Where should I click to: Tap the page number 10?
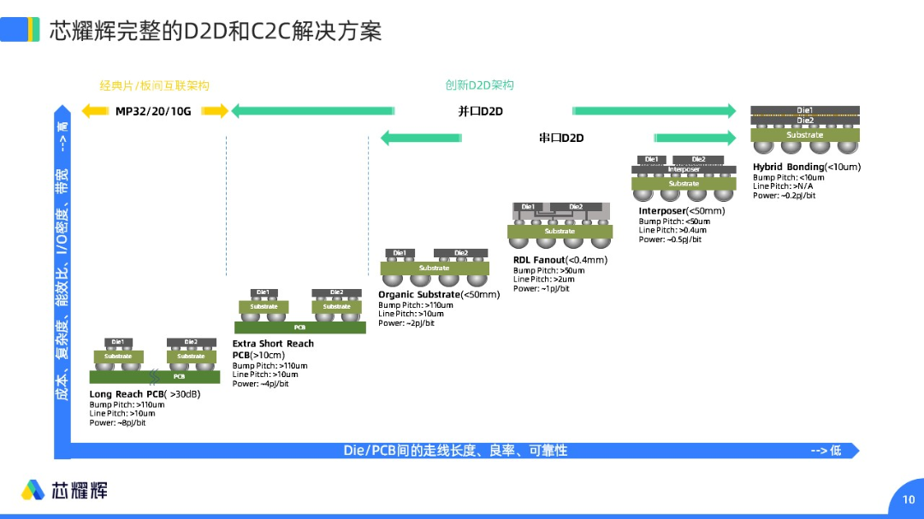(908, 499)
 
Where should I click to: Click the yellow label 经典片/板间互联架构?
(154, 86)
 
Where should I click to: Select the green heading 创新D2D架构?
(479, 86)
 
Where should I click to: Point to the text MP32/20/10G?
(153, 111)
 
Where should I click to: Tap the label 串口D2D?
(561, 138)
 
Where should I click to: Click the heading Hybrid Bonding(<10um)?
(806, 167)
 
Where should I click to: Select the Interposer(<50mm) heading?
(681, 211)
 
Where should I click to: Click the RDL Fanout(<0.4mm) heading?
(560, 260)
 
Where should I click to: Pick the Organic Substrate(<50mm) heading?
(439, 295)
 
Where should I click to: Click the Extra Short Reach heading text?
(273, 344)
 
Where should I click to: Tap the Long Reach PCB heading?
(145, 394)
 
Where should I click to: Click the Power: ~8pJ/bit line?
(117, 422)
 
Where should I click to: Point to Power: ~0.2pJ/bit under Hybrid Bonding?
(784, 196)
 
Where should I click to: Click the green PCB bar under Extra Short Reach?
(299, 327)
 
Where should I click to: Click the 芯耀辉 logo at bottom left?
(65, 490)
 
